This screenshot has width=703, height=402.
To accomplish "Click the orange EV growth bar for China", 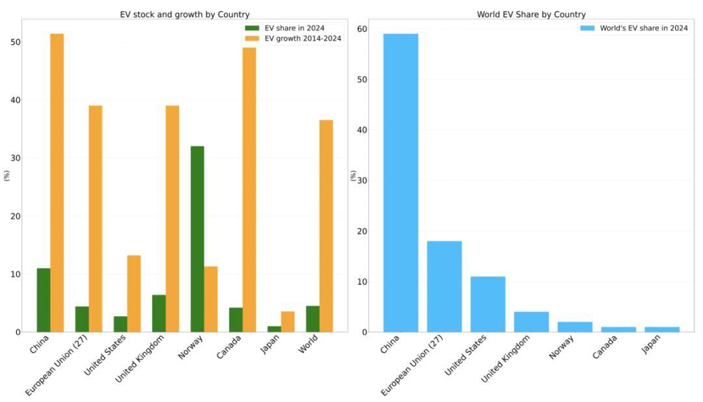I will click(57, 183).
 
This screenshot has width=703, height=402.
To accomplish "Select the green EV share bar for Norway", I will click(197, 239).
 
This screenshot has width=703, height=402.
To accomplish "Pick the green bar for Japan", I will click(274, 329).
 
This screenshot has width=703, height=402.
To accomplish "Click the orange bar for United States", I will click(134, 293).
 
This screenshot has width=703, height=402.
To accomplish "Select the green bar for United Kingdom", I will click(159, 314).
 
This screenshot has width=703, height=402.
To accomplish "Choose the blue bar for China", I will click(400, 183).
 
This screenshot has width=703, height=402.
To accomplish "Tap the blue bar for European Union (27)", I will click(444, 286).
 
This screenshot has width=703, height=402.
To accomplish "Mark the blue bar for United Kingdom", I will click(531, 322).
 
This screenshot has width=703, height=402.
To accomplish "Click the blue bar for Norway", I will click(575, 327).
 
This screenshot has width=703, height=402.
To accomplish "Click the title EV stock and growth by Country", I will click(185, 14).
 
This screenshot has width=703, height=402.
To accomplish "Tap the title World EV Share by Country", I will click(531, 14).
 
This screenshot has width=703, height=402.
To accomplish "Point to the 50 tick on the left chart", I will click(16, 42).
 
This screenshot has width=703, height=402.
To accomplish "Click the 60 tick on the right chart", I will click(362, 29).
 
